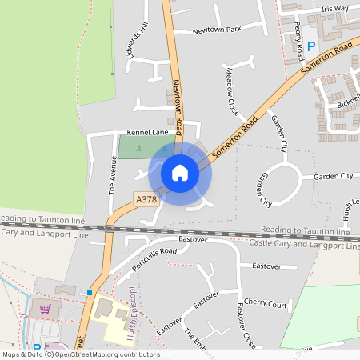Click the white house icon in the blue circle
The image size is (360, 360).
[180, 173]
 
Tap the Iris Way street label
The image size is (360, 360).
[334, 9]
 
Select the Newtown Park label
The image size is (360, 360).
[217, 30]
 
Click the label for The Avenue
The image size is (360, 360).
[113, 175]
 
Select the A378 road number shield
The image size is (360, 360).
[146, 199]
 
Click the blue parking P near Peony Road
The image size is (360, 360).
[312, 46]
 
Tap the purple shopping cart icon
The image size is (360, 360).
[46, 309]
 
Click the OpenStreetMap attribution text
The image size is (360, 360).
[80, 354]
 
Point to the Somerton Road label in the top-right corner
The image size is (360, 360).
[326, 61]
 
